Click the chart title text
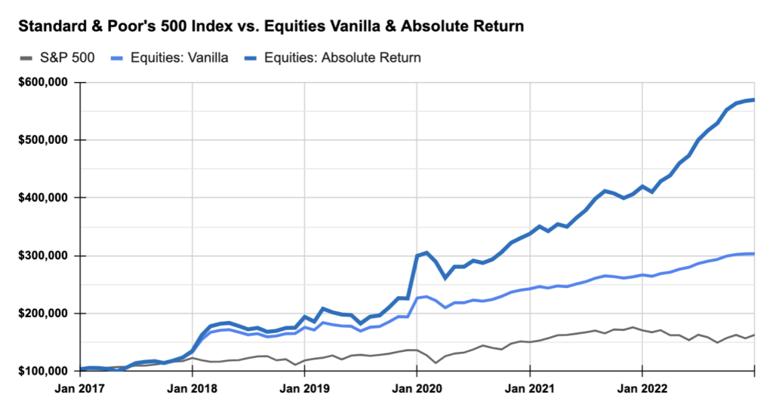(x=270, y=26)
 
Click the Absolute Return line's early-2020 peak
(x=427, y=252)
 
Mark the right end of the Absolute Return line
(x=754, y=99)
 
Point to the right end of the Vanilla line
(x=754, y=254)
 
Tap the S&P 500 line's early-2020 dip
(x=436, y=363)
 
